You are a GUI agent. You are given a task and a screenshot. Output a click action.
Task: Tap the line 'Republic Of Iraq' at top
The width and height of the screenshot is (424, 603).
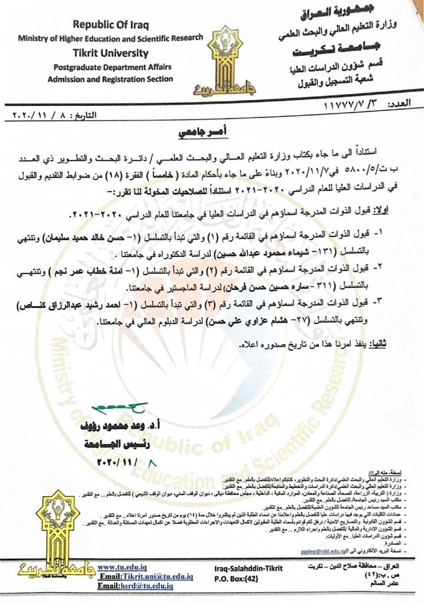(x=111, y=25)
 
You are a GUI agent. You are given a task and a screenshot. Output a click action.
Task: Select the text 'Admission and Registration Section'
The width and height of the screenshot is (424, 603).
(x=111, y=79)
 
